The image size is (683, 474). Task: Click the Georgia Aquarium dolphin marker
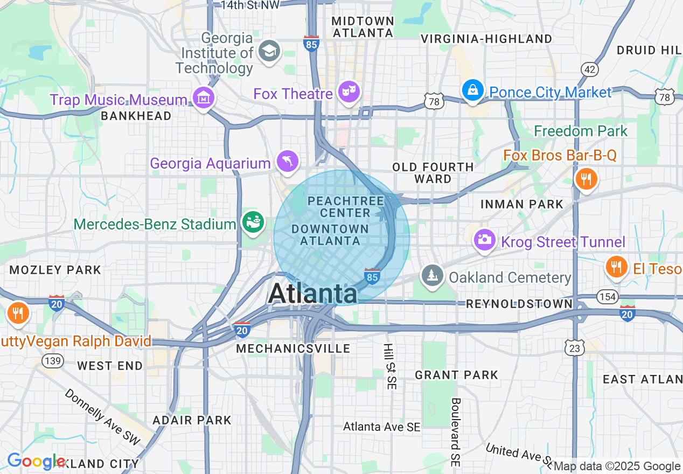[x=287, y=161]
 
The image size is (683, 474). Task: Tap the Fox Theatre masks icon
[x=349, y=92]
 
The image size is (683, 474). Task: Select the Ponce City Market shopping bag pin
[x=472, y=90]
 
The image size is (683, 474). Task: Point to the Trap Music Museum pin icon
[x=204, y=98]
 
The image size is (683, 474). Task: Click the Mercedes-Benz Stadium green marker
[x=252, y=221]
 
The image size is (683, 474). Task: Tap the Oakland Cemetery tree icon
[x=432, y=275]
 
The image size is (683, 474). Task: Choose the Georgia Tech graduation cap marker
[x=268, y=52]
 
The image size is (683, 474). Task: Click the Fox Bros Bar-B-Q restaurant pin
[x=586, y=178]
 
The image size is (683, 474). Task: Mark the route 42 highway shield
[x=589, y=69]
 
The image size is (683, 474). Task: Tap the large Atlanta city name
[x=312, y=294]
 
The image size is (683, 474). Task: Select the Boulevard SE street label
[x=456, y=432]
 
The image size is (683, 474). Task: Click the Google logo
[x=36, y=461]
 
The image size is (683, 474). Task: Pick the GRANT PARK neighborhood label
[x=456, y=375]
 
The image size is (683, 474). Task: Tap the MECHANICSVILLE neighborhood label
[x=293, y=348]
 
